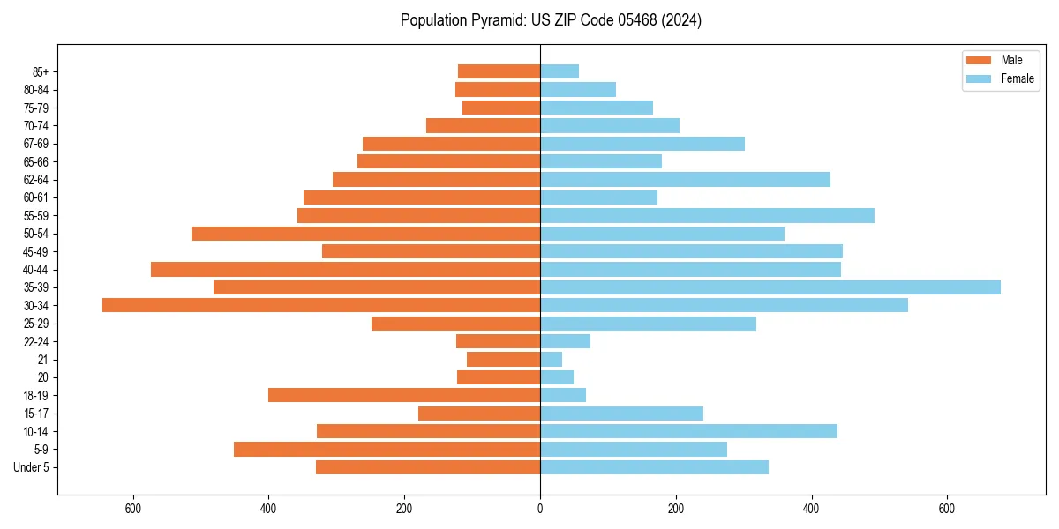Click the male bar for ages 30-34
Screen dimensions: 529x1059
(321, 305)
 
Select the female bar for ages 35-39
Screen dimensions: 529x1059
(770, 287)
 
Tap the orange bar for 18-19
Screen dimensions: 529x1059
(404, 395)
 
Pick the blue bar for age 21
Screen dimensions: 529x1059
(552, 359)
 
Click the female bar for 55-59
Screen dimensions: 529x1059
(707, 215)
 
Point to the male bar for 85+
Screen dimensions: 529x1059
(499, 71)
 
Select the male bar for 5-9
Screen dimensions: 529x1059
(387, 449)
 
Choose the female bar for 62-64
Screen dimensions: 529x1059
(685, 179)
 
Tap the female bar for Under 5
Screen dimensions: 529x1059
(654, 467)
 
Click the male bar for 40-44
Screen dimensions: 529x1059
(345, 269)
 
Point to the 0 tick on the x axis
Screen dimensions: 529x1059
(540, 509)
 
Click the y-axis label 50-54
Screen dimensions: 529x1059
(36, 234)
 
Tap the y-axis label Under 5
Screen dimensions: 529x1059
(32, 467)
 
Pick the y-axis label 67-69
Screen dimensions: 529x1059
(36, 144)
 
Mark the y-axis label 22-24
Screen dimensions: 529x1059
(36, 341)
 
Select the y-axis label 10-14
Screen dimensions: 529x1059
(36, 431)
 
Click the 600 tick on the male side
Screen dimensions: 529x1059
(133, 509)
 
